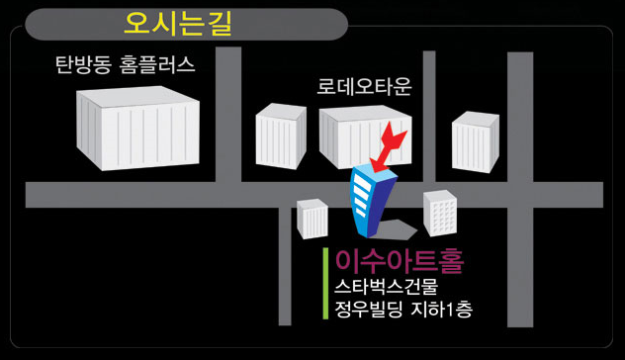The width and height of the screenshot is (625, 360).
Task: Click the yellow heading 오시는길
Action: (178, 24)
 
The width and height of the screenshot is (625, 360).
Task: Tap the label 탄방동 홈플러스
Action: (126, 64)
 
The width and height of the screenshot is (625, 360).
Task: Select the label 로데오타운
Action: (364, 86)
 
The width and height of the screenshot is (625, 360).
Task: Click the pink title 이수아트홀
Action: (400, 261)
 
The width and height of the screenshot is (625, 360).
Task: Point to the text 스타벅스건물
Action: (387, 287)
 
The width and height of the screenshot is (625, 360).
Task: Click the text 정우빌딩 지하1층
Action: (403, 310)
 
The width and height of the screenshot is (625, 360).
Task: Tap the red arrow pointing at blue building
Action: (388, 147)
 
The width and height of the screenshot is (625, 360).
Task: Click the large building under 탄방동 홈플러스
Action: (137, 129)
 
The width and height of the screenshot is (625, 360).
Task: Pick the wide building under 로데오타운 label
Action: (366, 136)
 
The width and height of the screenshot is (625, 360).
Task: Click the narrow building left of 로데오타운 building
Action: (281, 135)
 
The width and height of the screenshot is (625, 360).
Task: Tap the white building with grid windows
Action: (440, 213)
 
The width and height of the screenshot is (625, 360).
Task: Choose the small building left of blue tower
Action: (312, 219)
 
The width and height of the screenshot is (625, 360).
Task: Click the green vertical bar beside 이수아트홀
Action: (325, 284)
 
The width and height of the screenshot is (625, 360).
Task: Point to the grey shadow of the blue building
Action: (396, 229)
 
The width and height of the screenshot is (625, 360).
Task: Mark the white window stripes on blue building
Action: (362, 195)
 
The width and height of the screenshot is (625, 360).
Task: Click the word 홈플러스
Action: (157, 64)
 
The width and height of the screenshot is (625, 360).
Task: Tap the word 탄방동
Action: (82, 64)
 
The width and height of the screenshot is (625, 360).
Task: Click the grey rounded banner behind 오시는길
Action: (186, 24)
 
